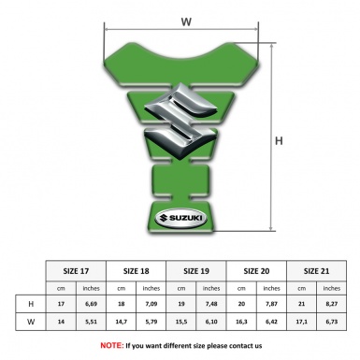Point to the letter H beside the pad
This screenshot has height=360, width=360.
coord(279,141)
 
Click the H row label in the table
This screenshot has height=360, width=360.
coord(33,304)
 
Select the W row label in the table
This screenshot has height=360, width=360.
coord(33,323)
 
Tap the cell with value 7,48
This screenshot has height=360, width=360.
coord(211,304)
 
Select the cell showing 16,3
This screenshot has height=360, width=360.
coord(241,323)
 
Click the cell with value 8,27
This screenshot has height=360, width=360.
coord(329,304)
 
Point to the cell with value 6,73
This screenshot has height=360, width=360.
coord(329,323)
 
